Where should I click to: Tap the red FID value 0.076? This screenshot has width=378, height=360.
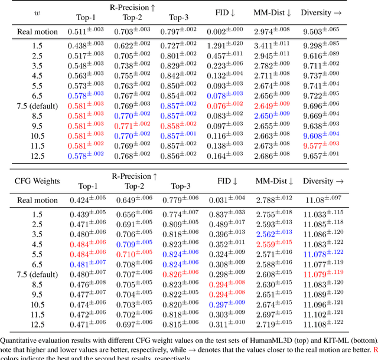224,105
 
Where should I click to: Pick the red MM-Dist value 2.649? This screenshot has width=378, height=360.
271,105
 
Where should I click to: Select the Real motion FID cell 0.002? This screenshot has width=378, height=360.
224,31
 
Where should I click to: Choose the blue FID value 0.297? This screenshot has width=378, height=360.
224,304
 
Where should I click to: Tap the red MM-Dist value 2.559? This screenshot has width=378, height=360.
271,244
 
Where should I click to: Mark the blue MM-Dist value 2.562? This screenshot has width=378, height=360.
271,234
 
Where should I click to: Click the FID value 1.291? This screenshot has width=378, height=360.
224,45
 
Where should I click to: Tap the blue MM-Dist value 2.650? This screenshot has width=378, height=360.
271,115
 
